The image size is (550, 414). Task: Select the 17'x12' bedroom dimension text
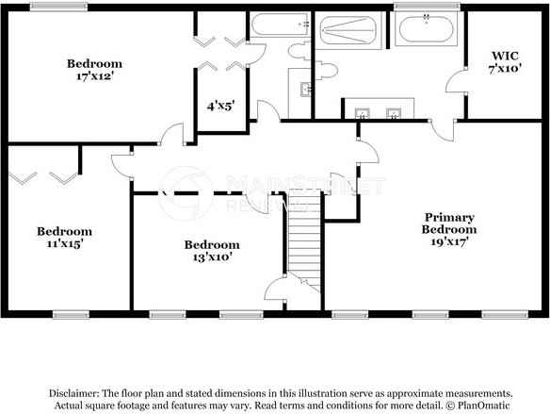point(95,77)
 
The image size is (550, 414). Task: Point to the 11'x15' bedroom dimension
point(64,244)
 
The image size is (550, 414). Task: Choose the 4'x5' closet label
point(219,107)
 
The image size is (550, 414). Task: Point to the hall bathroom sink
point(306,90)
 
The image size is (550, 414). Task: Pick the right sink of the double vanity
point(395,113)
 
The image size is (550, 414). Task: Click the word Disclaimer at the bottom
point(73,392)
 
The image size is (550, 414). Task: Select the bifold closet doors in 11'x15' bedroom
point(42,175)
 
